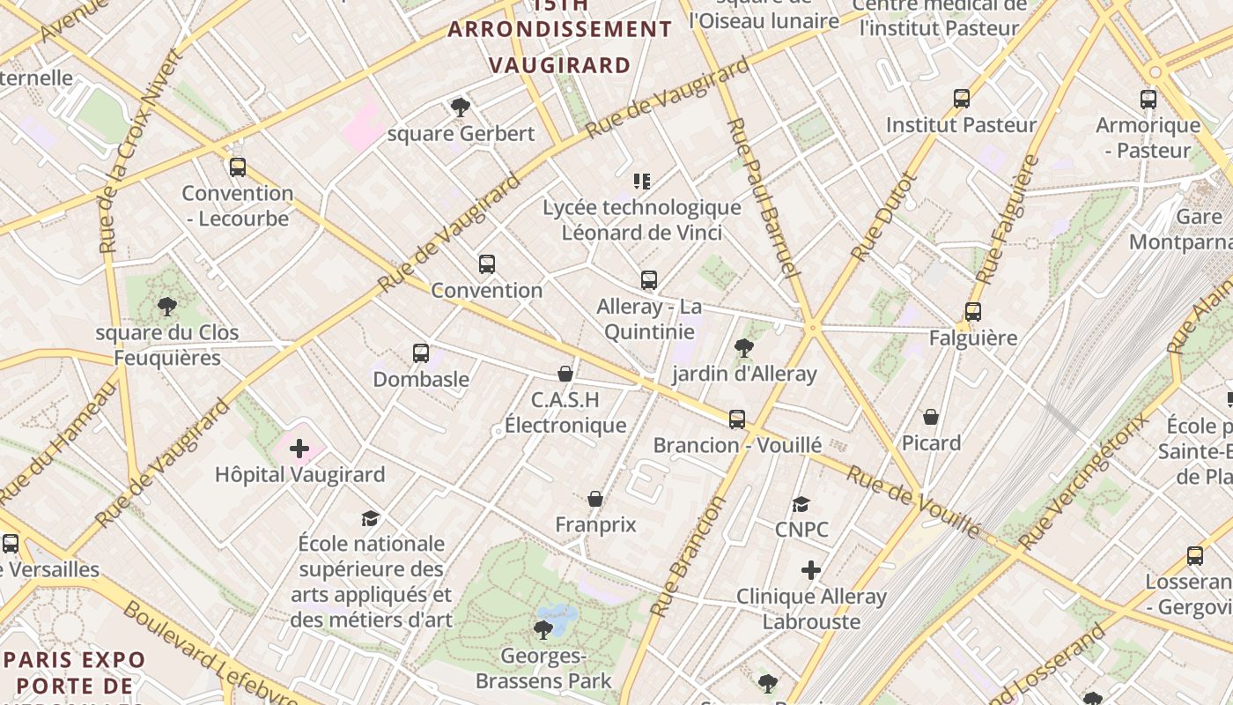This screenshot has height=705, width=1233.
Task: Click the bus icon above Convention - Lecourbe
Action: point(237,167)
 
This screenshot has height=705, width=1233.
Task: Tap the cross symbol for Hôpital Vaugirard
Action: point(299,449)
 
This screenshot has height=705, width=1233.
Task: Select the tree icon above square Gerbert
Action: point(460,108)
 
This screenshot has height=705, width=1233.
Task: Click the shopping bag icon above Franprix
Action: point(595,500)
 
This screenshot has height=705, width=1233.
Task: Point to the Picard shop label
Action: point(931,442)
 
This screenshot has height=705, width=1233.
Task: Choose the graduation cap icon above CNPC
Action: point(801,504)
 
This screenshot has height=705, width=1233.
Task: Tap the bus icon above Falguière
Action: point(972,312)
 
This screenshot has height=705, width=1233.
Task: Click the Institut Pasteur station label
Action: point(961,125)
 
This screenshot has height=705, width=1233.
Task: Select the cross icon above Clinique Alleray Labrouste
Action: point(811,571)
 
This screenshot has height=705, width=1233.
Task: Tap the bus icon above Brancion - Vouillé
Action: point(737,419)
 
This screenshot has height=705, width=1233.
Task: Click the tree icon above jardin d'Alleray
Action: point(744,348)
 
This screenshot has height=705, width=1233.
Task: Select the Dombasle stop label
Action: point(421,379)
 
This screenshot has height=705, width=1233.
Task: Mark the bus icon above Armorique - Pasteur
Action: point(1148,100)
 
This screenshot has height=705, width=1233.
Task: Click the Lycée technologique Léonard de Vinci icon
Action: point(642,182)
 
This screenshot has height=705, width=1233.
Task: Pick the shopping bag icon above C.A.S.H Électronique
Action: point(565,375)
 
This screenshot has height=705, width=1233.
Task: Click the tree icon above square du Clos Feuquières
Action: point(166,307)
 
